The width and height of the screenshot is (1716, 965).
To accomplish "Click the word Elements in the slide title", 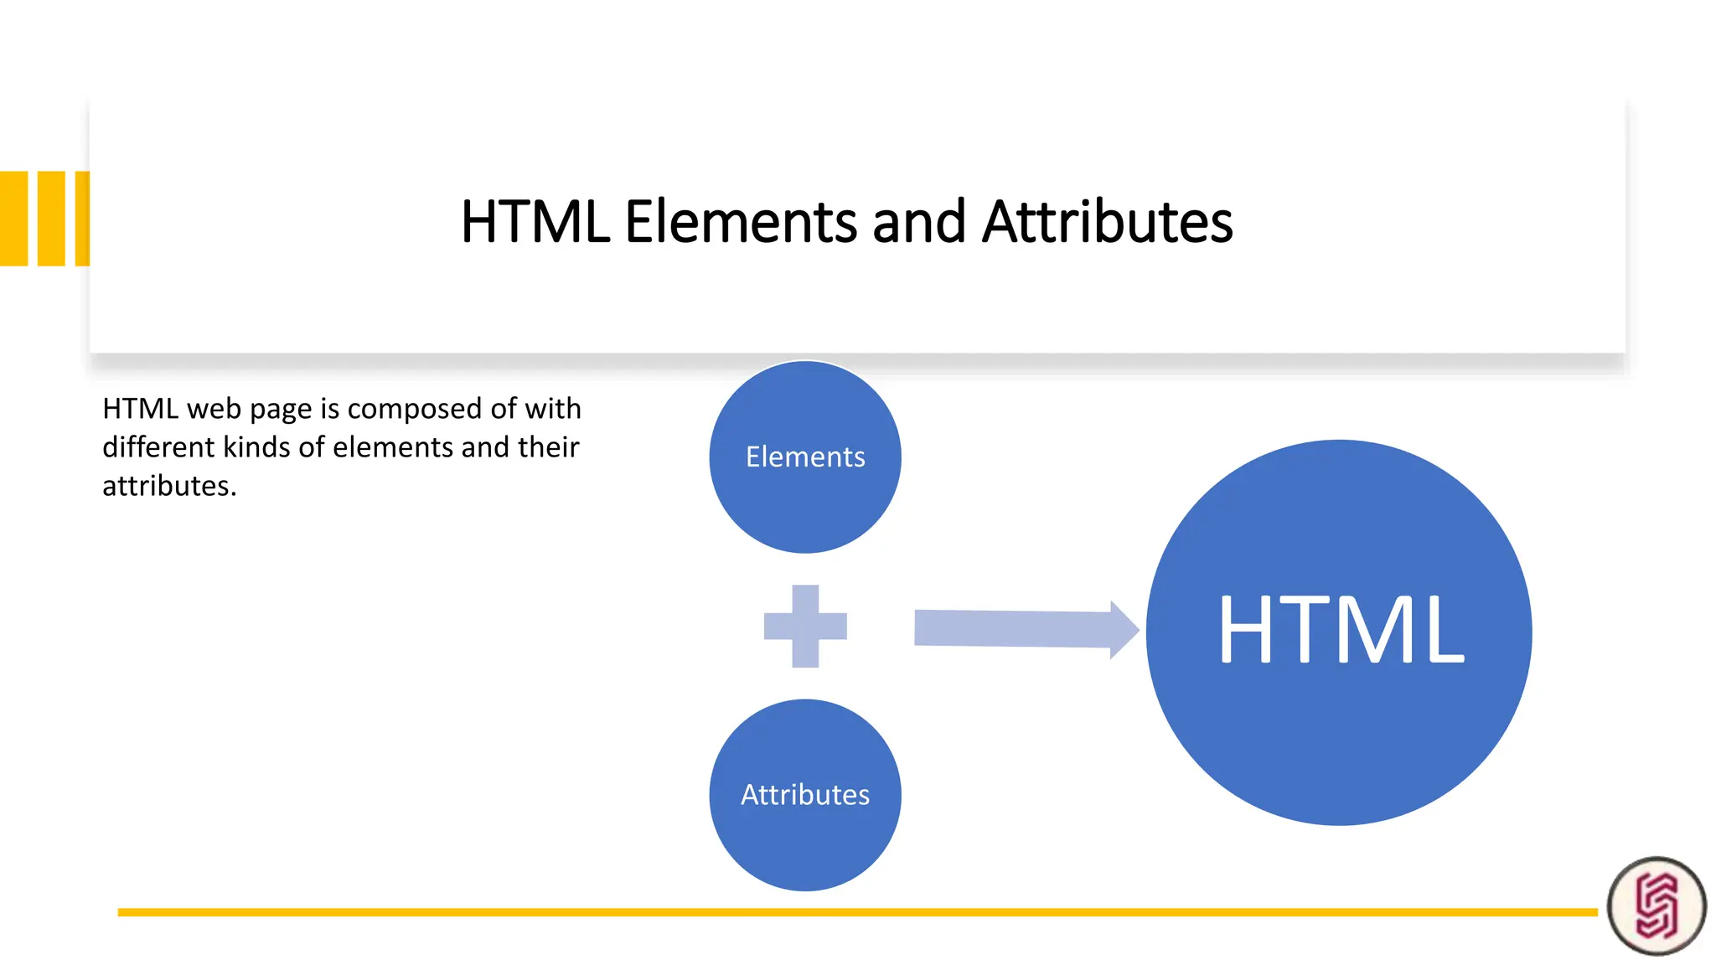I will [x=741, y=222].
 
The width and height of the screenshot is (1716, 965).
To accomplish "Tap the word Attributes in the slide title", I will [x=1107, y=222].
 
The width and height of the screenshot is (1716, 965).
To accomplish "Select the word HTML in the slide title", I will [x=535, y=222].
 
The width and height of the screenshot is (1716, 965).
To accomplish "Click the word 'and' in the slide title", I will [x=919, y=222].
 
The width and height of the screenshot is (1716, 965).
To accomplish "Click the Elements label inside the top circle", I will [x=805, y=457].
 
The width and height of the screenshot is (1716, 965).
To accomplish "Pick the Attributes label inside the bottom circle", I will [x=805, y=795].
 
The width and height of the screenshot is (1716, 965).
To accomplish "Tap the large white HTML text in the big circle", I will [x=1341, y=631].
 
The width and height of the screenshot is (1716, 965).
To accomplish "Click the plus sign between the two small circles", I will [x=805, y=626].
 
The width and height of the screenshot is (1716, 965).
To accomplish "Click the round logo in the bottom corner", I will [x=1657, y=906].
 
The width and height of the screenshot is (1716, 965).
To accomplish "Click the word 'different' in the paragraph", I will [x=158, y=447].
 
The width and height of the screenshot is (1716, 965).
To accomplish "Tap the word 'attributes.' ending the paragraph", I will [x=169, y=486].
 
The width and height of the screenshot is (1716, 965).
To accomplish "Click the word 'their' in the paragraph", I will [x=548, y=447].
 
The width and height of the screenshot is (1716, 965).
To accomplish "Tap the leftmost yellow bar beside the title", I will [x=14, y=219].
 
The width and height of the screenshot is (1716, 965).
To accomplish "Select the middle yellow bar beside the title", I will [x=51, y=219].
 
